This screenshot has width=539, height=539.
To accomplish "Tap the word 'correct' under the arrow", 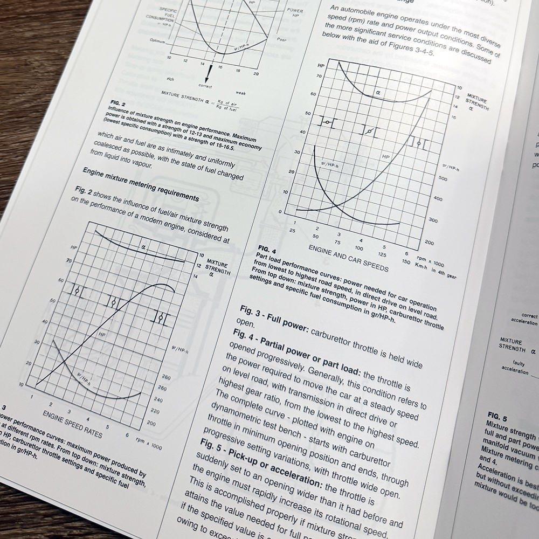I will (x=205, y=86).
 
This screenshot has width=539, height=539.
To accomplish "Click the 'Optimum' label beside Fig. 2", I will (x=156, y=40).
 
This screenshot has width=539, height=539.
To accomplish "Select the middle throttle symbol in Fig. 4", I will (x=368, y=131).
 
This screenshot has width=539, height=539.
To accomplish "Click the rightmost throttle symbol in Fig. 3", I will (x=161, y=319).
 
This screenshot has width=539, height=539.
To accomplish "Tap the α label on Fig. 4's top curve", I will (x=378, y=93).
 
